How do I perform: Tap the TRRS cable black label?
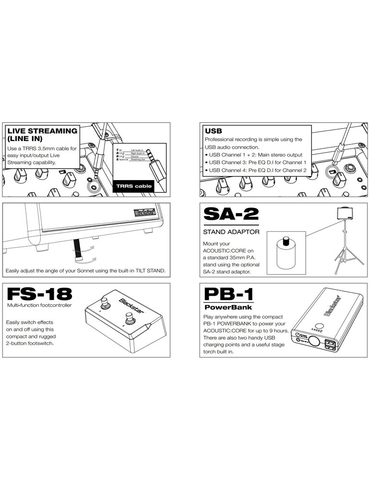coord(135,186)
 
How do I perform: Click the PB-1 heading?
coord(227,293)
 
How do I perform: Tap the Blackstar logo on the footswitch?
coord(126,307)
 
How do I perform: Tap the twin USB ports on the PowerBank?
coord(331,344)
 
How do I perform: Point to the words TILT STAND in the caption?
coord(149,271)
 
